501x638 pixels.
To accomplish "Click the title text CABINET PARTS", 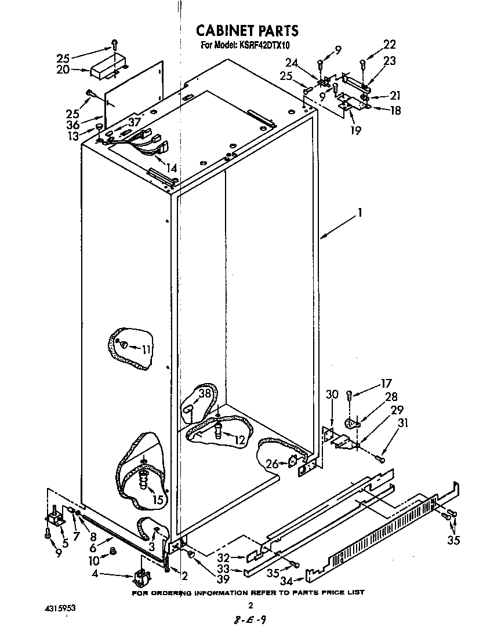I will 246,30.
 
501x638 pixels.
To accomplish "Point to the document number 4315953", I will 60,609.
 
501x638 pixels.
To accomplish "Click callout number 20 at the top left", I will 63,70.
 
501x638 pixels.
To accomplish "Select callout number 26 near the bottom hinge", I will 271,463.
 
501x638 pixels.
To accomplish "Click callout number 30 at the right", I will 331,395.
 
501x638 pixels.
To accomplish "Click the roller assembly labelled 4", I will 140,577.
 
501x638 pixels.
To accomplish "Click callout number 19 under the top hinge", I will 355,130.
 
